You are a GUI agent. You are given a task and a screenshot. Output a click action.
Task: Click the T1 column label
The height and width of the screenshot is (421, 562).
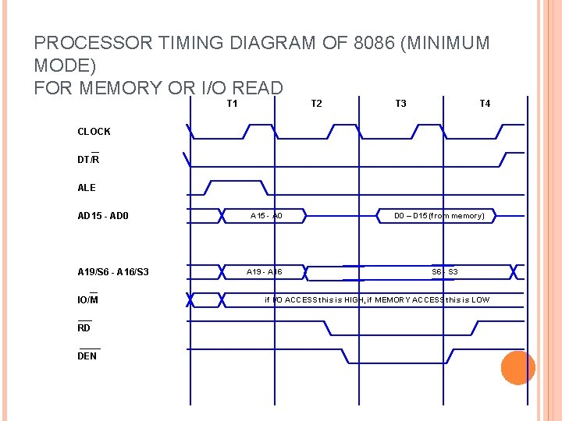point(232,104)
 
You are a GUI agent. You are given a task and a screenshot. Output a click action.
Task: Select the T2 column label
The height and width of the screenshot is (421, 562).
point(316,104)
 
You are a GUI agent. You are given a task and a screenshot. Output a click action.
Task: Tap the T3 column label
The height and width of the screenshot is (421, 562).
point(400,104)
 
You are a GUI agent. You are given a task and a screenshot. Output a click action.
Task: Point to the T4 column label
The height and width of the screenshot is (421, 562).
point(485,104)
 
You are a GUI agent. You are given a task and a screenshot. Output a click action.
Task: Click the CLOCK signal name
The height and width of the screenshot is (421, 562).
point(94,132)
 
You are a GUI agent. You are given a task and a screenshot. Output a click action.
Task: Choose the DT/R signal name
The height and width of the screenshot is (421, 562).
point(88,160)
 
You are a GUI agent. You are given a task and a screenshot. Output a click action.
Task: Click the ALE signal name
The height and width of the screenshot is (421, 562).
point(87,188)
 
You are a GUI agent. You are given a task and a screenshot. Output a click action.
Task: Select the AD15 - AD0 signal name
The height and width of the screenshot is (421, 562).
point(103,216)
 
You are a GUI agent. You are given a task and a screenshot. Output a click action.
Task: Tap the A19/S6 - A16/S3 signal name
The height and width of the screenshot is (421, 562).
point(113,272)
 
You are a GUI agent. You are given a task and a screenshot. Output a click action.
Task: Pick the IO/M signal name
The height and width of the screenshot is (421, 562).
point(87,300)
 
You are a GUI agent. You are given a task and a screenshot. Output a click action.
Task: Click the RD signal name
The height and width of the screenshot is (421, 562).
point(84,328)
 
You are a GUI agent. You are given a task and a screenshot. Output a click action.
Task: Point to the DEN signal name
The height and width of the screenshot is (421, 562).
point(87,356)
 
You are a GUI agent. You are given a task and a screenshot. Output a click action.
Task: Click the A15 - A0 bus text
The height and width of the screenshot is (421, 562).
point(266,216)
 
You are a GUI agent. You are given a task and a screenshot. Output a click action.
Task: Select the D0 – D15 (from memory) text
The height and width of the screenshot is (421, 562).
point(439,216)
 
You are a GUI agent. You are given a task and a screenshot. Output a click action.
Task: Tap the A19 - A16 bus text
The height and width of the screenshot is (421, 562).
point(265,272)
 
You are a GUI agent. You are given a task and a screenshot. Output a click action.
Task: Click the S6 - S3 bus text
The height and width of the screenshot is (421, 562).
point(445,272)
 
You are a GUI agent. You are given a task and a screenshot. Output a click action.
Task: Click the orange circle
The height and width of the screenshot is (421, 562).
point(518,367)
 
